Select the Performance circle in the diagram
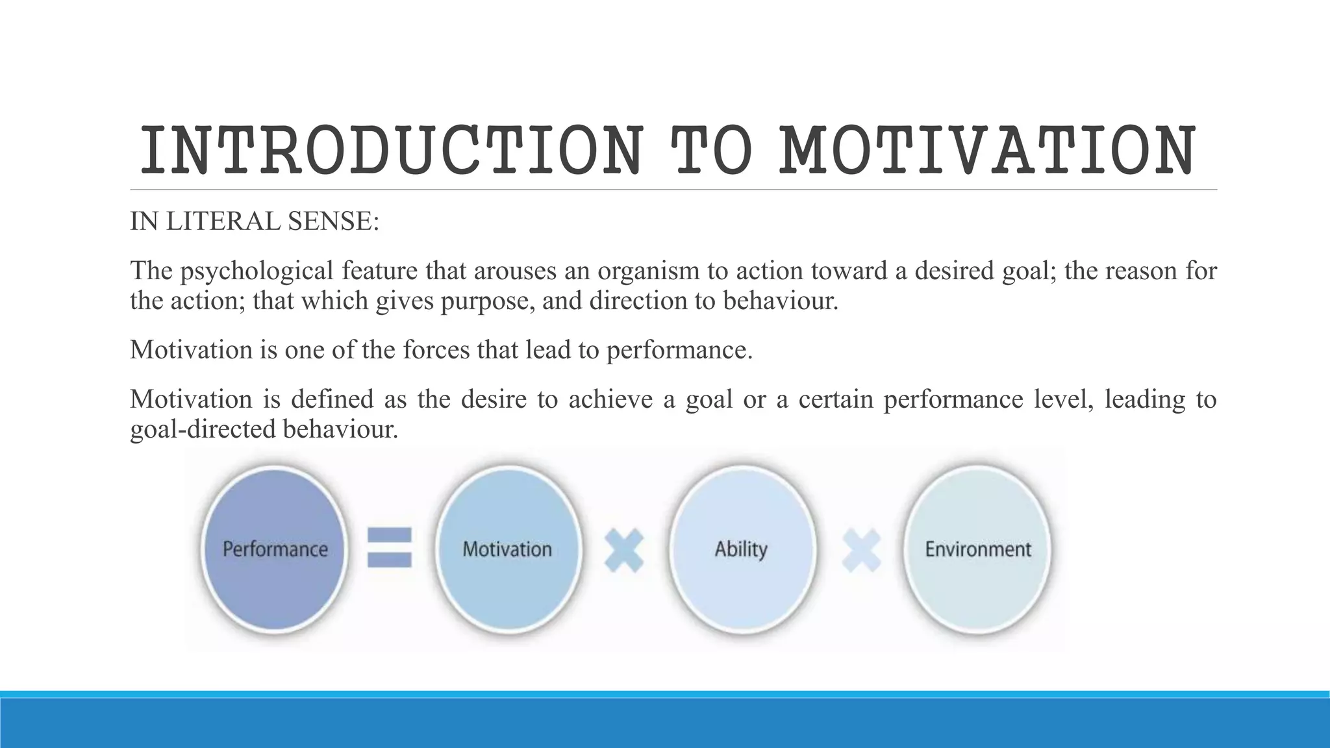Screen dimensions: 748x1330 point(275,549)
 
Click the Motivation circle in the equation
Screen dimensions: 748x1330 point(507,549)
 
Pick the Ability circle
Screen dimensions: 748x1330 point(741,549)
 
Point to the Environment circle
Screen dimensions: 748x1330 point(977,549)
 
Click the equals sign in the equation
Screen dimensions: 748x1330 point(390,547)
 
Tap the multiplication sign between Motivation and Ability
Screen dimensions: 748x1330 point(623,550)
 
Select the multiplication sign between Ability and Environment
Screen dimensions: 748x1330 point(861,550)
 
